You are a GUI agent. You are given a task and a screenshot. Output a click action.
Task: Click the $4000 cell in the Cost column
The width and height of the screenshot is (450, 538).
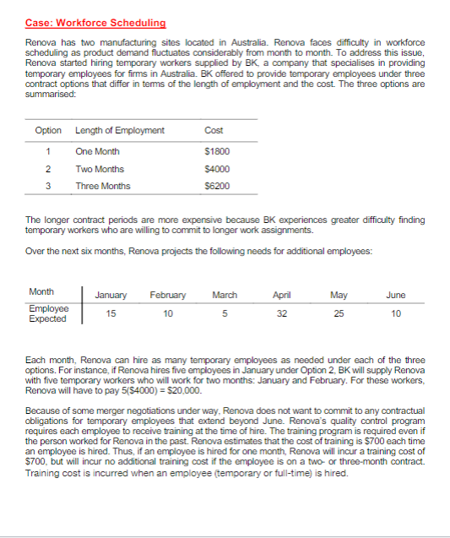pyautogui.click(x=216, y=169)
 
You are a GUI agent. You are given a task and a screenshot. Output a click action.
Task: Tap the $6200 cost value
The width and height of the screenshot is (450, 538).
pyautogui.click(x=216, y=186)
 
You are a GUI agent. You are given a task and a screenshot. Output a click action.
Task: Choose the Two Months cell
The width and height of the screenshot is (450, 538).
pyautogui.click(x=100, y=169)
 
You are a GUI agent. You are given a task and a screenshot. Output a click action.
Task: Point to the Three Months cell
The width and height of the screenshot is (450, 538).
pyautogui.click(x=103, y=186)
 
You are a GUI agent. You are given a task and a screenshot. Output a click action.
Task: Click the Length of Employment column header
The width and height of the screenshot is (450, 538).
pyautogui.click(x=119, y=130)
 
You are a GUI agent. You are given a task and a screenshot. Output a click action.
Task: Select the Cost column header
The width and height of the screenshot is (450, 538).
pyautogui.click(x=214, y=130)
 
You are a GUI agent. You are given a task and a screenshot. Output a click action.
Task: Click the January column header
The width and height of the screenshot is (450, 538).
pyautogui.click(x=111, y=296)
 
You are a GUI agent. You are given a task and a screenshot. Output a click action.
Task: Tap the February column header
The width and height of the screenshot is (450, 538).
pyautogui.click(x=167, y=296)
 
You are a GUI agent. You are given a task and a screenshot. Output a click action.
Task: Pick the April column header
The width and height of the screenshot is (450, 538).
pyautogui.click(x=282, y=296)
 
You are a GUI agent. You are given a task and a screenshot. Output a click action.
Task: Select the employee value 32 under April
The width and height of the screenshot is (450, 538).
pyautogui.click(x=282, y=313)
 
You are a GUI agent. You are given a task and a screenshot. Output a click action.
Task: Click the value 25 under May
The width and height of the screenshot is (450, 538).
pyautogui.click(x=338, y=313)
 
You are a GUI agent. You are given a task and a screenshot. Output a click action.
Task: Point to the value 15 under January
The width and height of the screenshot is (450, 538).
pyautogui.click(x=111, y=313)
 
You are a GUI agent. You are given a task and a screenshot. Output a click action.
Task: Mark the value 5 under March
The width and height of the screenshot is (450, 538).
pyautogui.click(x=225, y=313)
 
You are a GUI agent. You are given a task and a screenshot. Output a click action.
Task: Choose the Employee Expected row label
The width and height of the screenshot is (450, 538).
pyautogui.click(x=47, y=313)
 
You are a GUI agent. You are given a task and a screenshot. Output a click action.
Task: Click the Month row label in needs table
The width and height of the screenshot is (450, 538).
pyautogui.click(x=41, y=292)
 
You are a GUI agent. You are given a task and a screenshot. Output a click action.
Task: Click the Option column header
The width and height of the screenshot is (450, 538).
pyautogui.click(x=48, y=130)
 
